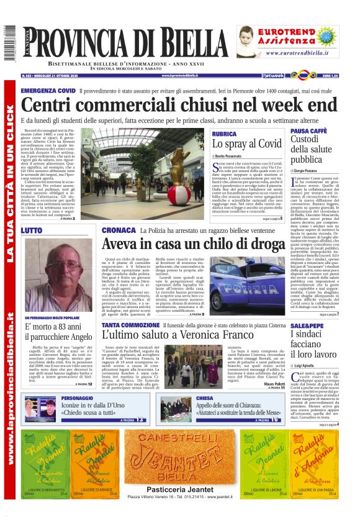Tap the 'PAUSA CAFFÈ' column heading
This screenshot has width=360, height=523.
309,132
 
